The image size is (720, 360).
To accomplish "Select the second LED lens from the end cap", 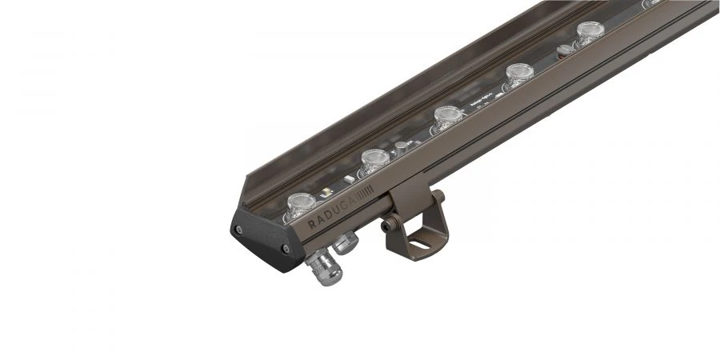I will [x=374, y=160].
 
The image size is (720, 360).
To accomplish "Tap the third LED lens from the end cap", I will [x=445, y=116].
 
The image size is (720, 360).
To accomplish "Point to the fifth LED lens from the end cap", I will [x=589, y=33].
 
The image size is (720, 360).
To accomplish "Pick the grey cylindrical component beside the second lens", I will [x=402, y=146].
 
